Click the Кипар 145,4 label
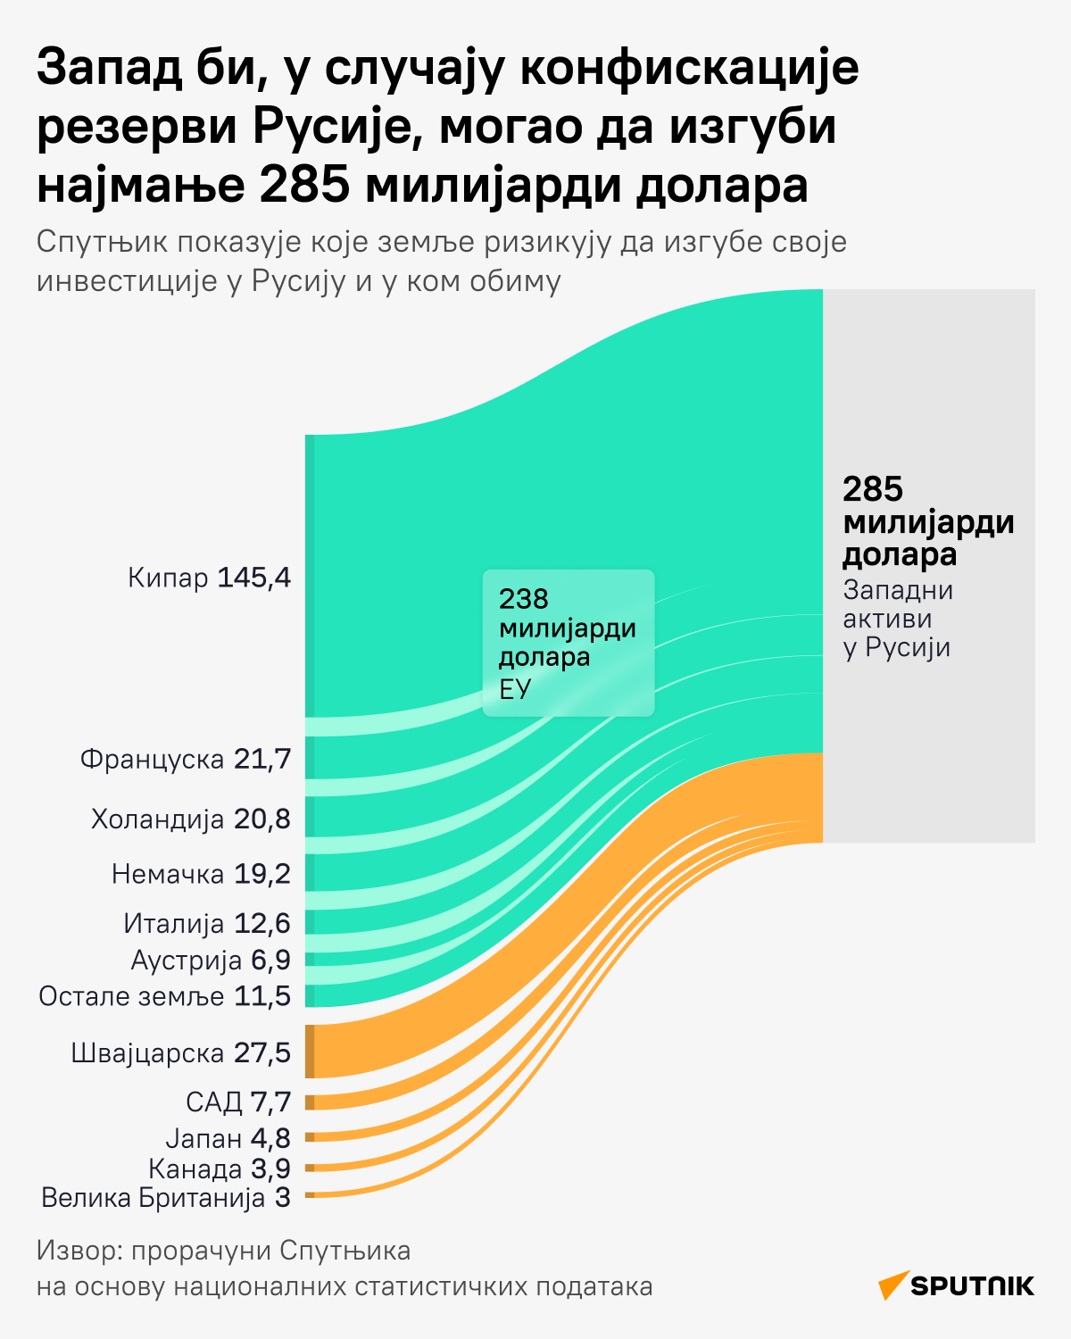pyautogui.click(x=210, y=578)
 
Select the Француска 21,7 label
pyautogui.click(x=186, y=760)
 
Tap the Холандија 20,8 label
pyautogui.click(x=191, y=819)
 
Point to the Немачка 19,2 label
pyautogui.click(x=201, y=874)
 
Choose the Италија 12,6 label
pyautogui.click(x=207, y=923)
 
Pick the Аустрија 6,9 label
pyautogui.click(x=211, y=960)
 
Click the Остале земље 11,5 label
pyautogui.click(x=165, y=996)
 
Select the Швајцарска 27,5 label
pyautogui.click(x=181, y=1053)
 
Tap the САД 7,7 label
pyautogui.click(x=238, y=1102)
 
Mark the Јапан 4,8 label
pyautogui.click(x=228, y=1138)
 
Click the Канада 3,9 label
pyautogui.click(x=220, y=1169)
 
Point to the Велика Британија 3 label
pyautogui.click(x=166, y=1198)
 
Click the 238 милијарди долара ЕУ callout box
pyautogui.click(x=569, y=643)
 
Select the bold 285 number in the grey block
pyautogui.click(x=873, y=489)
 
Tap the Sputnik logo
pyautogui.click(x=956, y=1285)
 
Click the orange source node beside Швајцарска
pyautogui.click(x=310, y=1052)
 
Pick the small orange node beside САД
pyautogui.click(x=310, y=1102)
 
